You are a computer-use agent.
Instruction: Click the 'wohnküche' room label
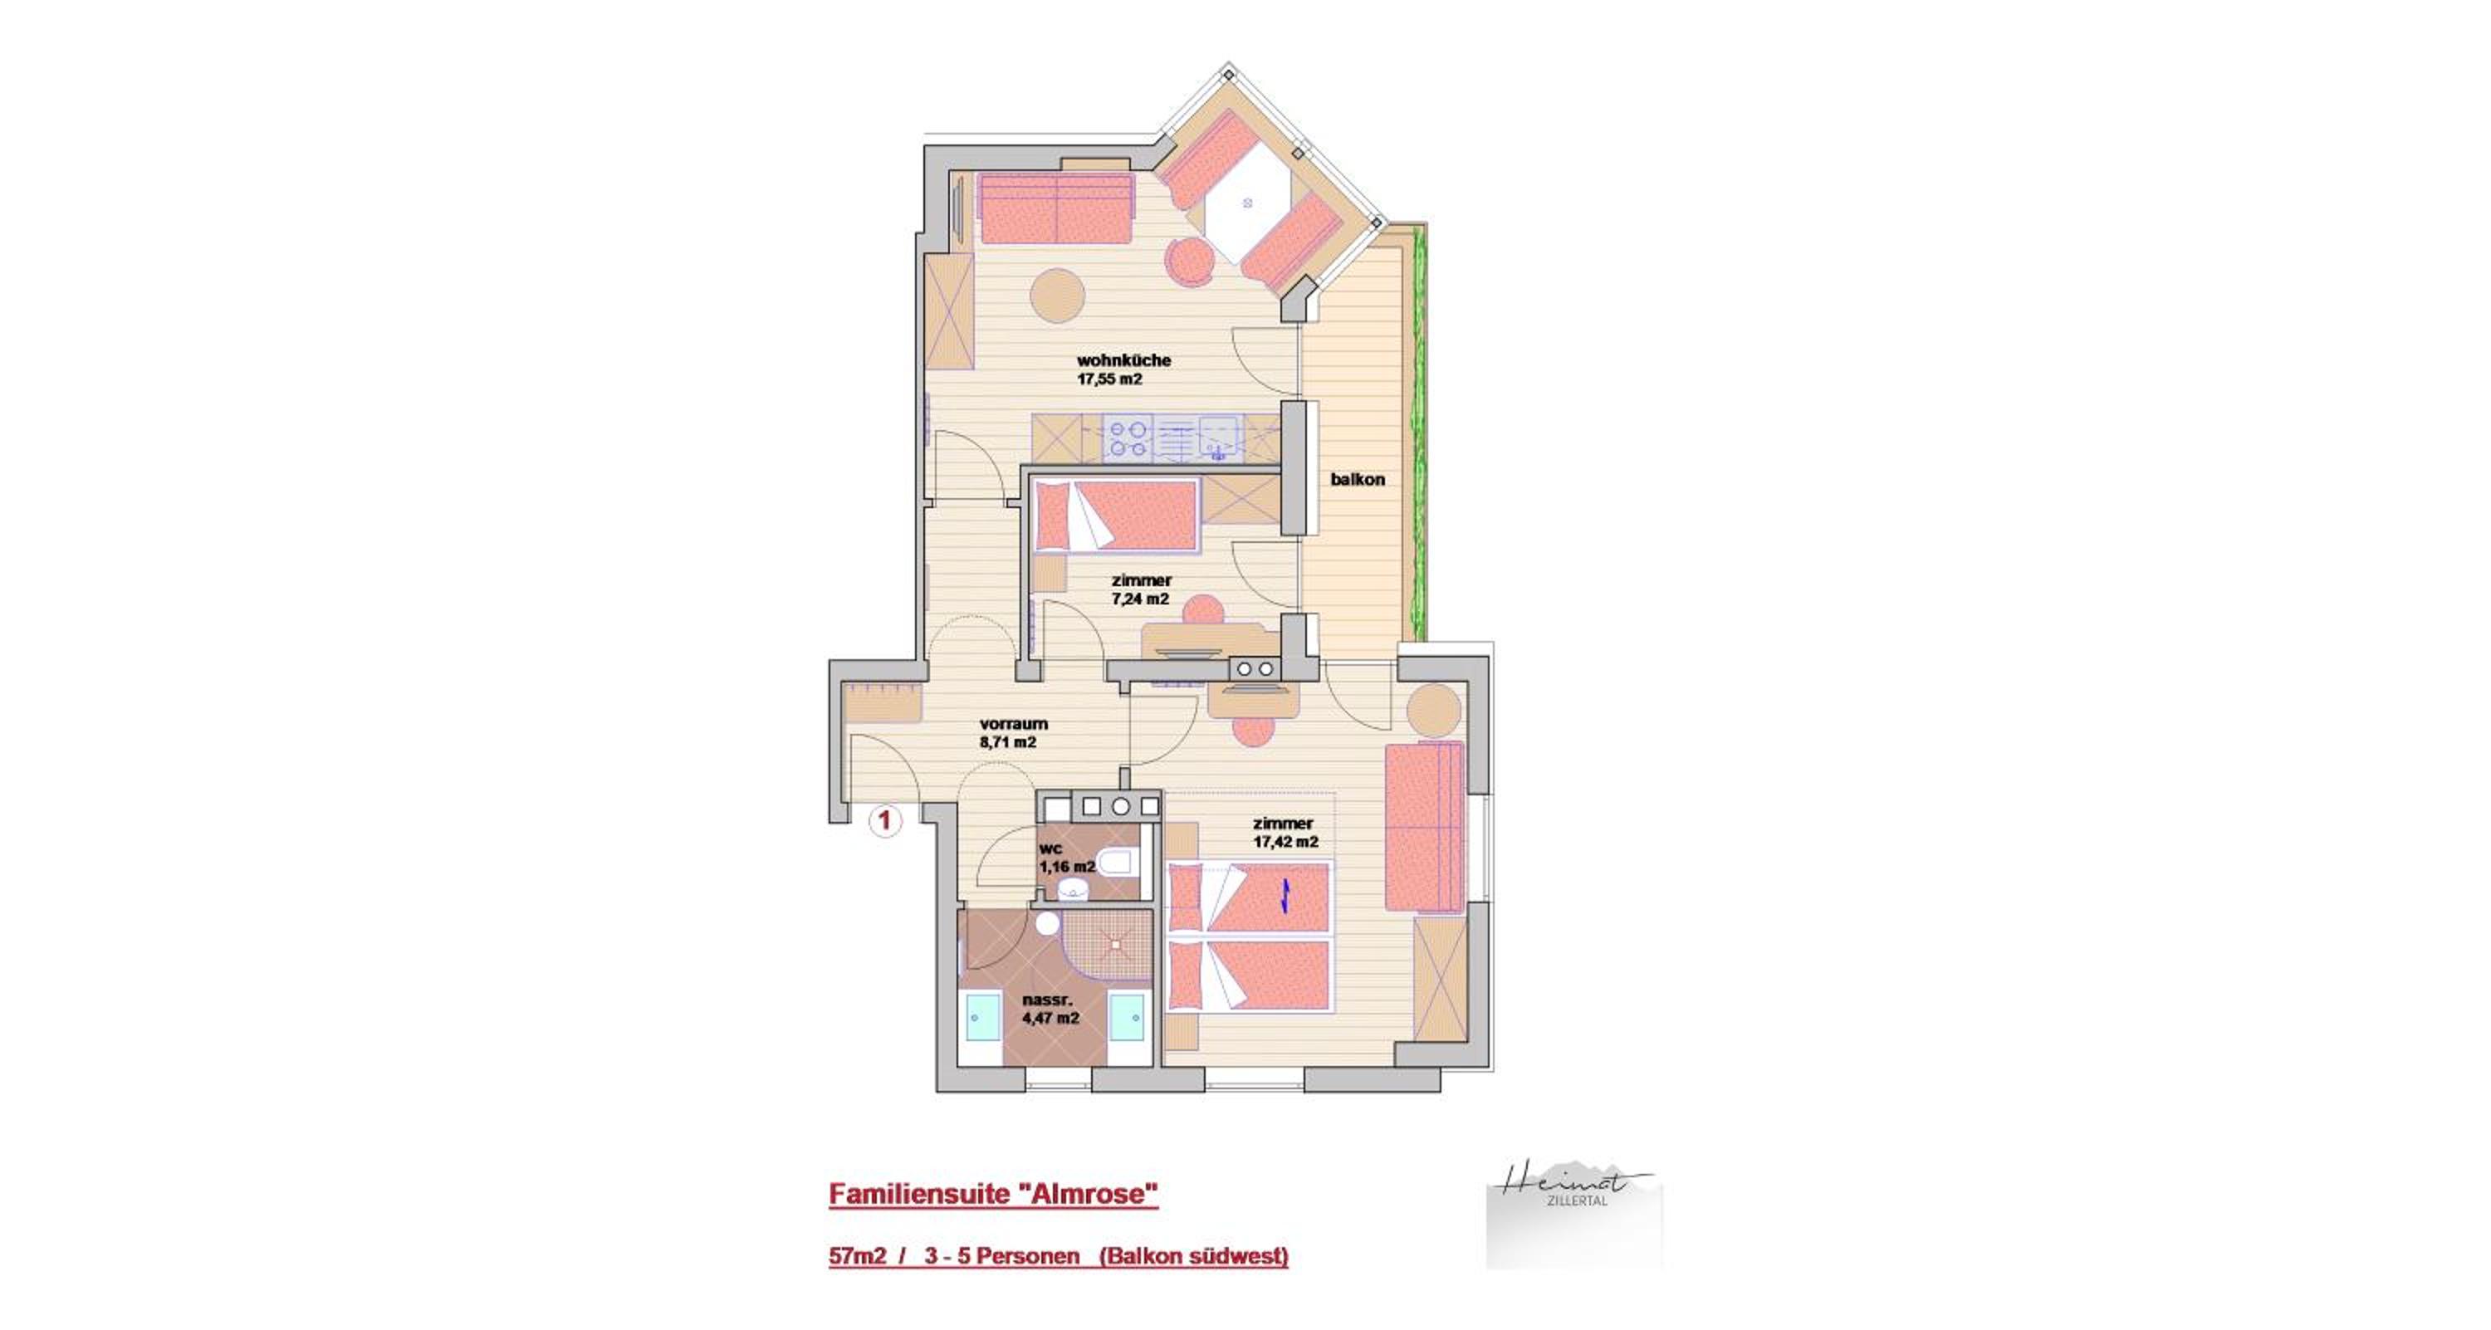1123,360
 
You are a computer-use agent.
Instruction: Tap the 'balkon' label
1358,479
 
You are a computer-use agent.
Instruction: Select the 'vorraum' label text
1013,724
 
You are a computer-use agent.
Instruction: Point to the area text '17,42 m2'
1286,842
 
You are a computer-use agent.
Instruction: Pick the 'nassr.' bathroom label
1047,1000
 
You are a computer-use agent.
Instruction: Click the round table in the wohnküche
1057,295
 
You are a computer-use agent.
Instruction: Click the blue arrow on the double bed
1285,896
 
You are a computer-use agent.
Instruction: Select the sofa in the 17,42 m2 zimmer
1424,828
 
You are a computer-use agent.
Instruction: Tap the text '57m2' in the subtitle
858,1257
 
